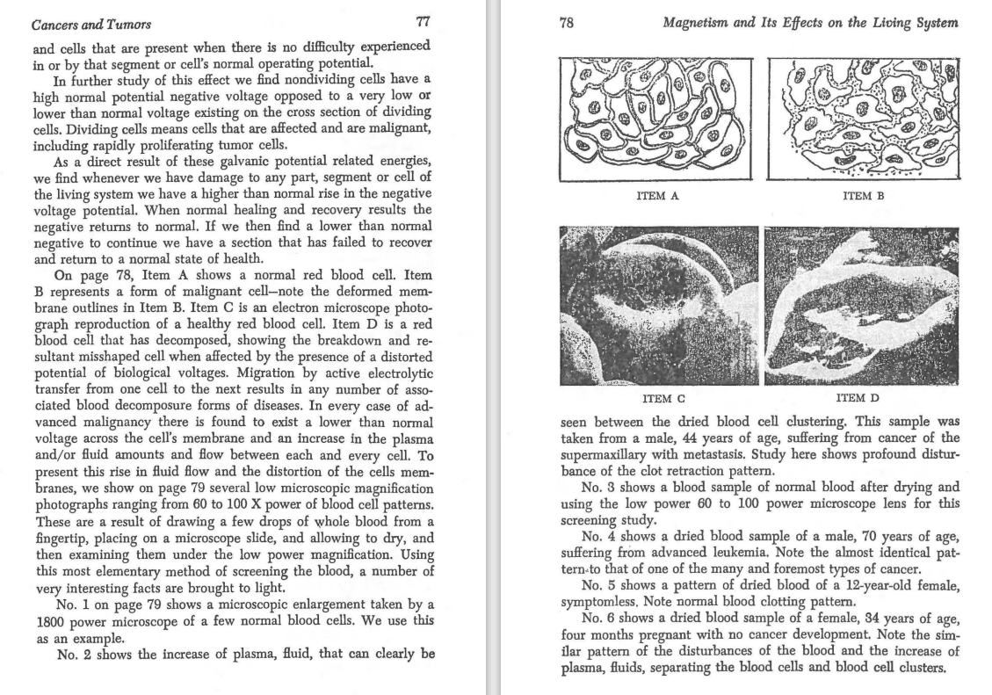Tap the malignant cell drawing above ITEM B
coord(863,117)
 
